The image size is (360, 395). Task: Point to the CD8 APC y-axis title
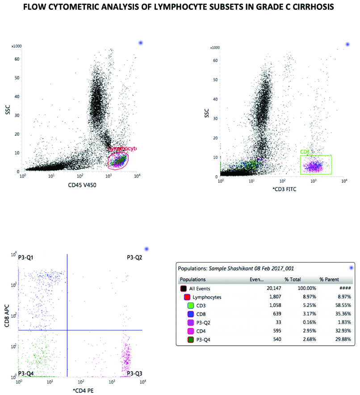pyautogui.click(x=8, y=315)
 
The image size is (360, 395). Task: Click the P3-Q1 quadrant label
pyautogui.click(x=27, y=258)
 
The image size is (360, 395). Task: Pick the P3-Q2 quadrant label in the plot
pyautogui.click(x=134, y=258)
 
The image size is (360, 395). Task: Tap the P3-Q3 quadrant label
pyautogui.click(x=134, y=373)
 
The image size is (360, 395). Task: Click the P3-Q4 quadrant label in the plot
pyautogui.click(x=27, y=373)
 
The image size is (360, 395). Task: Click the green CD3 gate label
pyautogui.click(x=305, y=152)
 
